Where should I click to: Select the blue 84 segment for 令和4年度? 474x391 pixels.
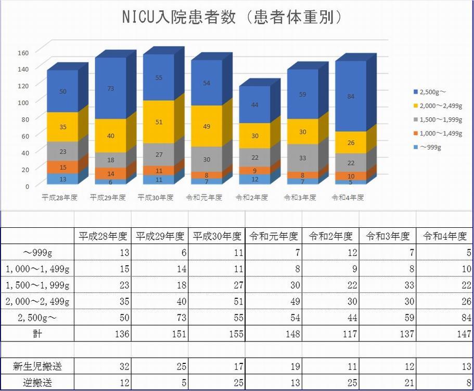(x=351, y=96)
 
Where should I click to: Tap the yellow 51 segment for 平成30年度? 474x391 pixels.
(x=159, y=122)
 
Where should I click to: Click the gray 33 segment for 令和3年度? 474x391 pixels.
(x=302, y=158)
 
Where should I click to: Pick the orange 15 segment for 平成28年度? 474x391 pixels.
(x=63, y=167)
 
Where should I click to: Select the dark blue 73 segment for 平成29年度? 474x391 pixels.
(x=111, y=89)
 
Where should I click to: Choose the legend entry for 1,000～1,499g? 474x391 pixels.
(x=437, y=133)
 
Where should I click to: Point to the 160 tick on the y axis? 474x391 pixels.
(x=22, y=52)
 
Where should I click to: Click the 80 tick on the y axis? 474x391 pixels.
(x=24, y=119)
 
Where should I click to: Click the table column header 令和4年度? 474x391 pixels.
(x=445, y=236)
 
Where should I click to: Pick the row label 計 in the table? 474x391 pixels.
(x=37, y=334)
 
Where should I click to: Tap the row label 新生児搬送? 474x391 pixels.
(x=37, y=366)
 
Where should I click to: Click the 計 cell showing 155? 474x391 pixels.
(x=216, y=334)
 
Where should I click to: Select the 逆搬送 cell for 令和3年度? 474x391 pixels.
(x=388, y=383)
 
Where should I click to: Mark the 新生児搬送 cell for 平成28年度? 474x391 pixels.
(x=103, y=366)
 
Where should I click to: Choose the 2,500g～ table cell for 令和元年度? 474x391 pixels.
(x=273, y=317)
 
